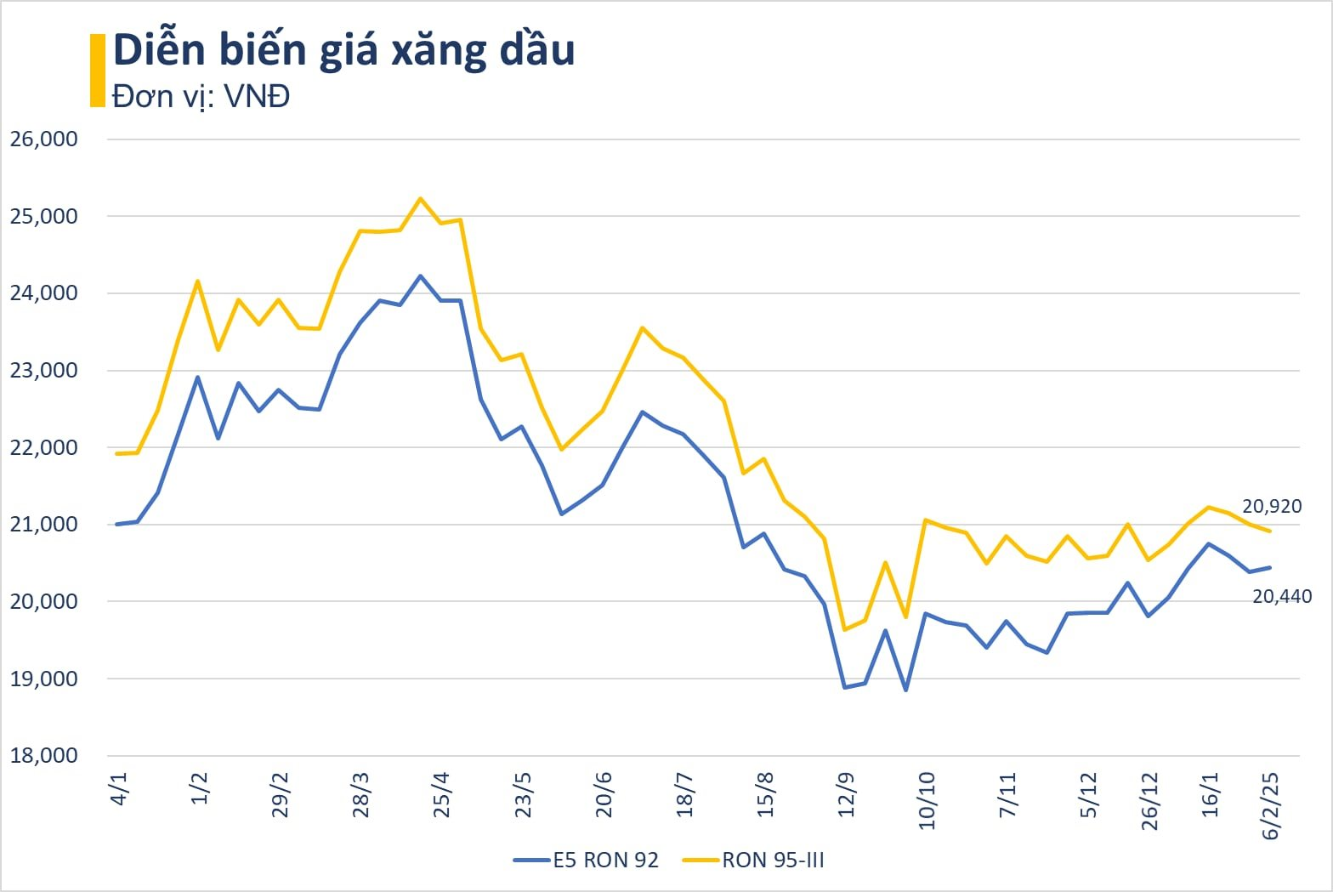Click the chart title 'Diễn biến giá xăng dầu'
(x=344, y=50)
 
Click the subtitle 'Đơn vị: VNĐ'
(x=201, y=96)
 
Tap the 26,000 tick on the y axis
(x=44, y=139)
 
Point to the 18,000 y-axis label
(x=44, y=756)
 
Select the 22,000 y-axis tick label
(x=44, y=447)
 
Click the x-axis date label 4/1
(x=119, y=788)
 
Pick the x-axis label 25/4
(x=441, y=794)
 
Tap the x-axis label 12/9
(x=846, y=794)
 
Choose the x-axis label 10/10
(x=926, y=800)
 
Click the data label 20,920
(x=1272, y=507)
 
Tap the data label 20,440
(x=1282, y=597)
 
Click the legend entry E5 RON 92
(x=587, y=861)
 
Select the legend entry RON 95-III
(x=754, y=861)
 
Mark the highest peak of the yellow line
(x=420, y=198)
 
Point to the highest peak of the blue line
(x=420, y=276)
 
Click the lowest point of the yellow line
(x=845, y=630)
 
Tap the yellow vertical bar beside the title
(x=97, y=71)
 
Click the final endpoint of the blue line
(x=1270, y=567)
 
